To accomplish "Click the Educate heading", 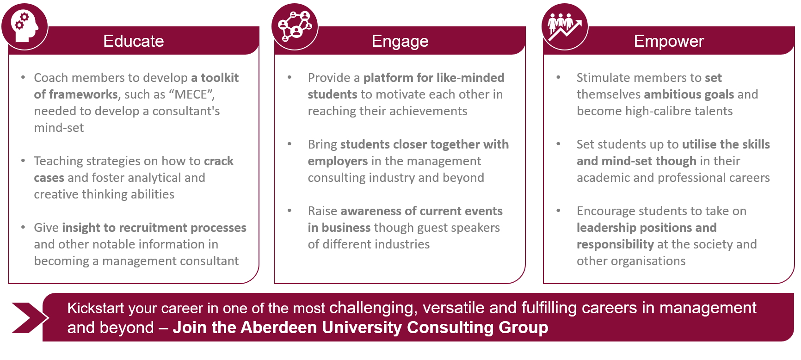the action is (x=134, y=41).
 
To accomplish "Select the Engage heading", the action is (x=400, y=42).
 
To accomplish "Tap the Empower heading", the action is (x=669, y=42).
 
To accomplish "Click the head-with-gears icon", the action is (x=25, y=26).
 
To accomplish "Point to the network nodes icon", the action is (x=295, y=26).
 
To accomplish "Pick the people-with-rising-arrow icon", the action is (x=565, y=26).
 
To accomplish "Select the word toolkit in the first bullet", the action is (x=220, y=78).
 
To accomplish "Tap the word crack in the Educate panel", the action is (x=219, y=161).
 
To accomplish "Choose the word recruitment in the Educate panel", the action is (x=153, y=228).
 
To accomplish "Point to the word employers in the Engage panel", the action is (x=338, y=161).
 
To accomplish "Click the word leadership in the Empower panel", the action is (x=606, y=228).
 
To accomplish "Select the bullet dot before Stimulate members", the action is (x=558, y=77).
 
